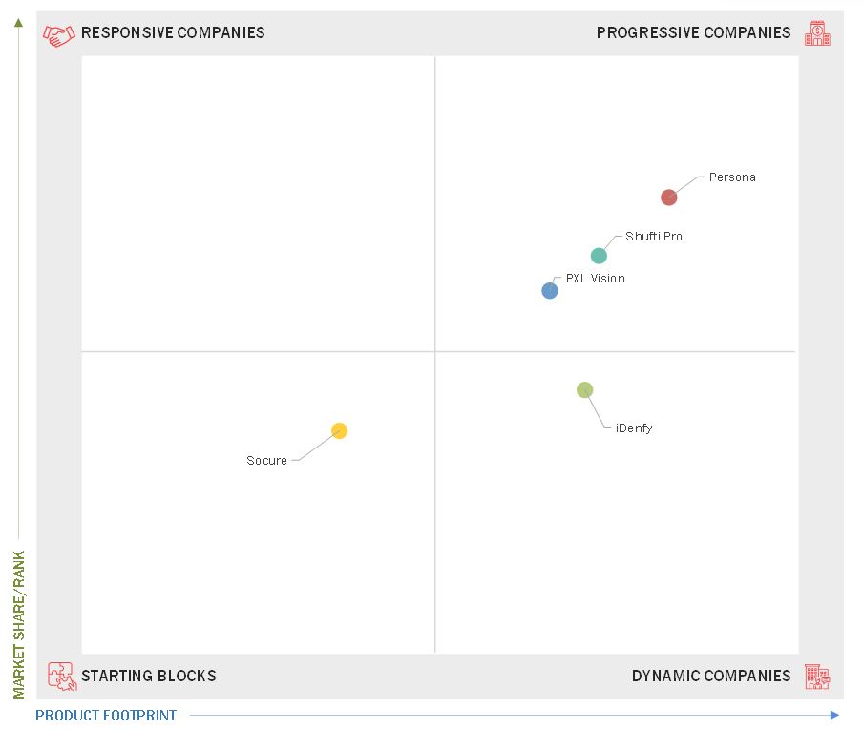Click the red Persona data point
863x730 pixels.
pyautogui.click(x=669, y=198)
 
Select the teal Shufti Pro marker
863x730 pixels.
pyautogui.click(x=599, y=256)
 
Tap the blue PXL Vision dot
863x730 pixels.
pyautogui.click(x=550, y=291)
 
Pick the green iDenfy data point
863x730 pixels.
pyautogui.click(x=585, y=389)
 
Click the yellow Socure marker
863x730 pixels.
pyautogui.click(x=339, y=430)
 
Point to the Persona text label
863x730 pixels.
pyautogui.click(x=732, y=177)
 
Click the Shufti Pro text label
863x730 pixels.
pyautogui.click(x=654, y=237)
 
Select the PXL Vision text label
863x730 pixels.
pyautogui.click(x=596, y=279)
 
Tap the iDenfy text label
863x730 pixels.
pyautogui.click(x=634, y=428)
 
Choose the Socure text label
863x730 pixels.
pyautogui.click(x=266, y=461)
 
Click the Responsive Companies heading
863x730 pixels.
pyautogui.click(x=173, y=33)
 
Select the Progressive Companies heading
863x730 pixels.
pyautogui.click(x=693, y=33)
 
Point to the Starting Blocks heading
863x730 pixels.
pyautogui.click(x=149, y=677)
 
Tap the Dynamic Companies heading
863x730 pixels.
pyautogui.click(x=711, y=677)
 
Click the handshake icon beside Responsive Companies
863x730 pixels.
pyautogui.click(x=59, y=34)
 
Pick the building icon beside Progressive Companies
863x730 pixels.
pyautogui.click(x=817, y=34)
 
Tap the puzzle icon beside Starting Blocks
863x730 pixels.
pyautogui.click(x=61, y=677)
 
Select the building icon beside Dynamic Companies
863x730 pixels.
pyautogui.click(x=817, y=677)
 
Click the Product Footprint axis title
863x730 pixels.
pyautogui.click(x=106, y=716)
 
